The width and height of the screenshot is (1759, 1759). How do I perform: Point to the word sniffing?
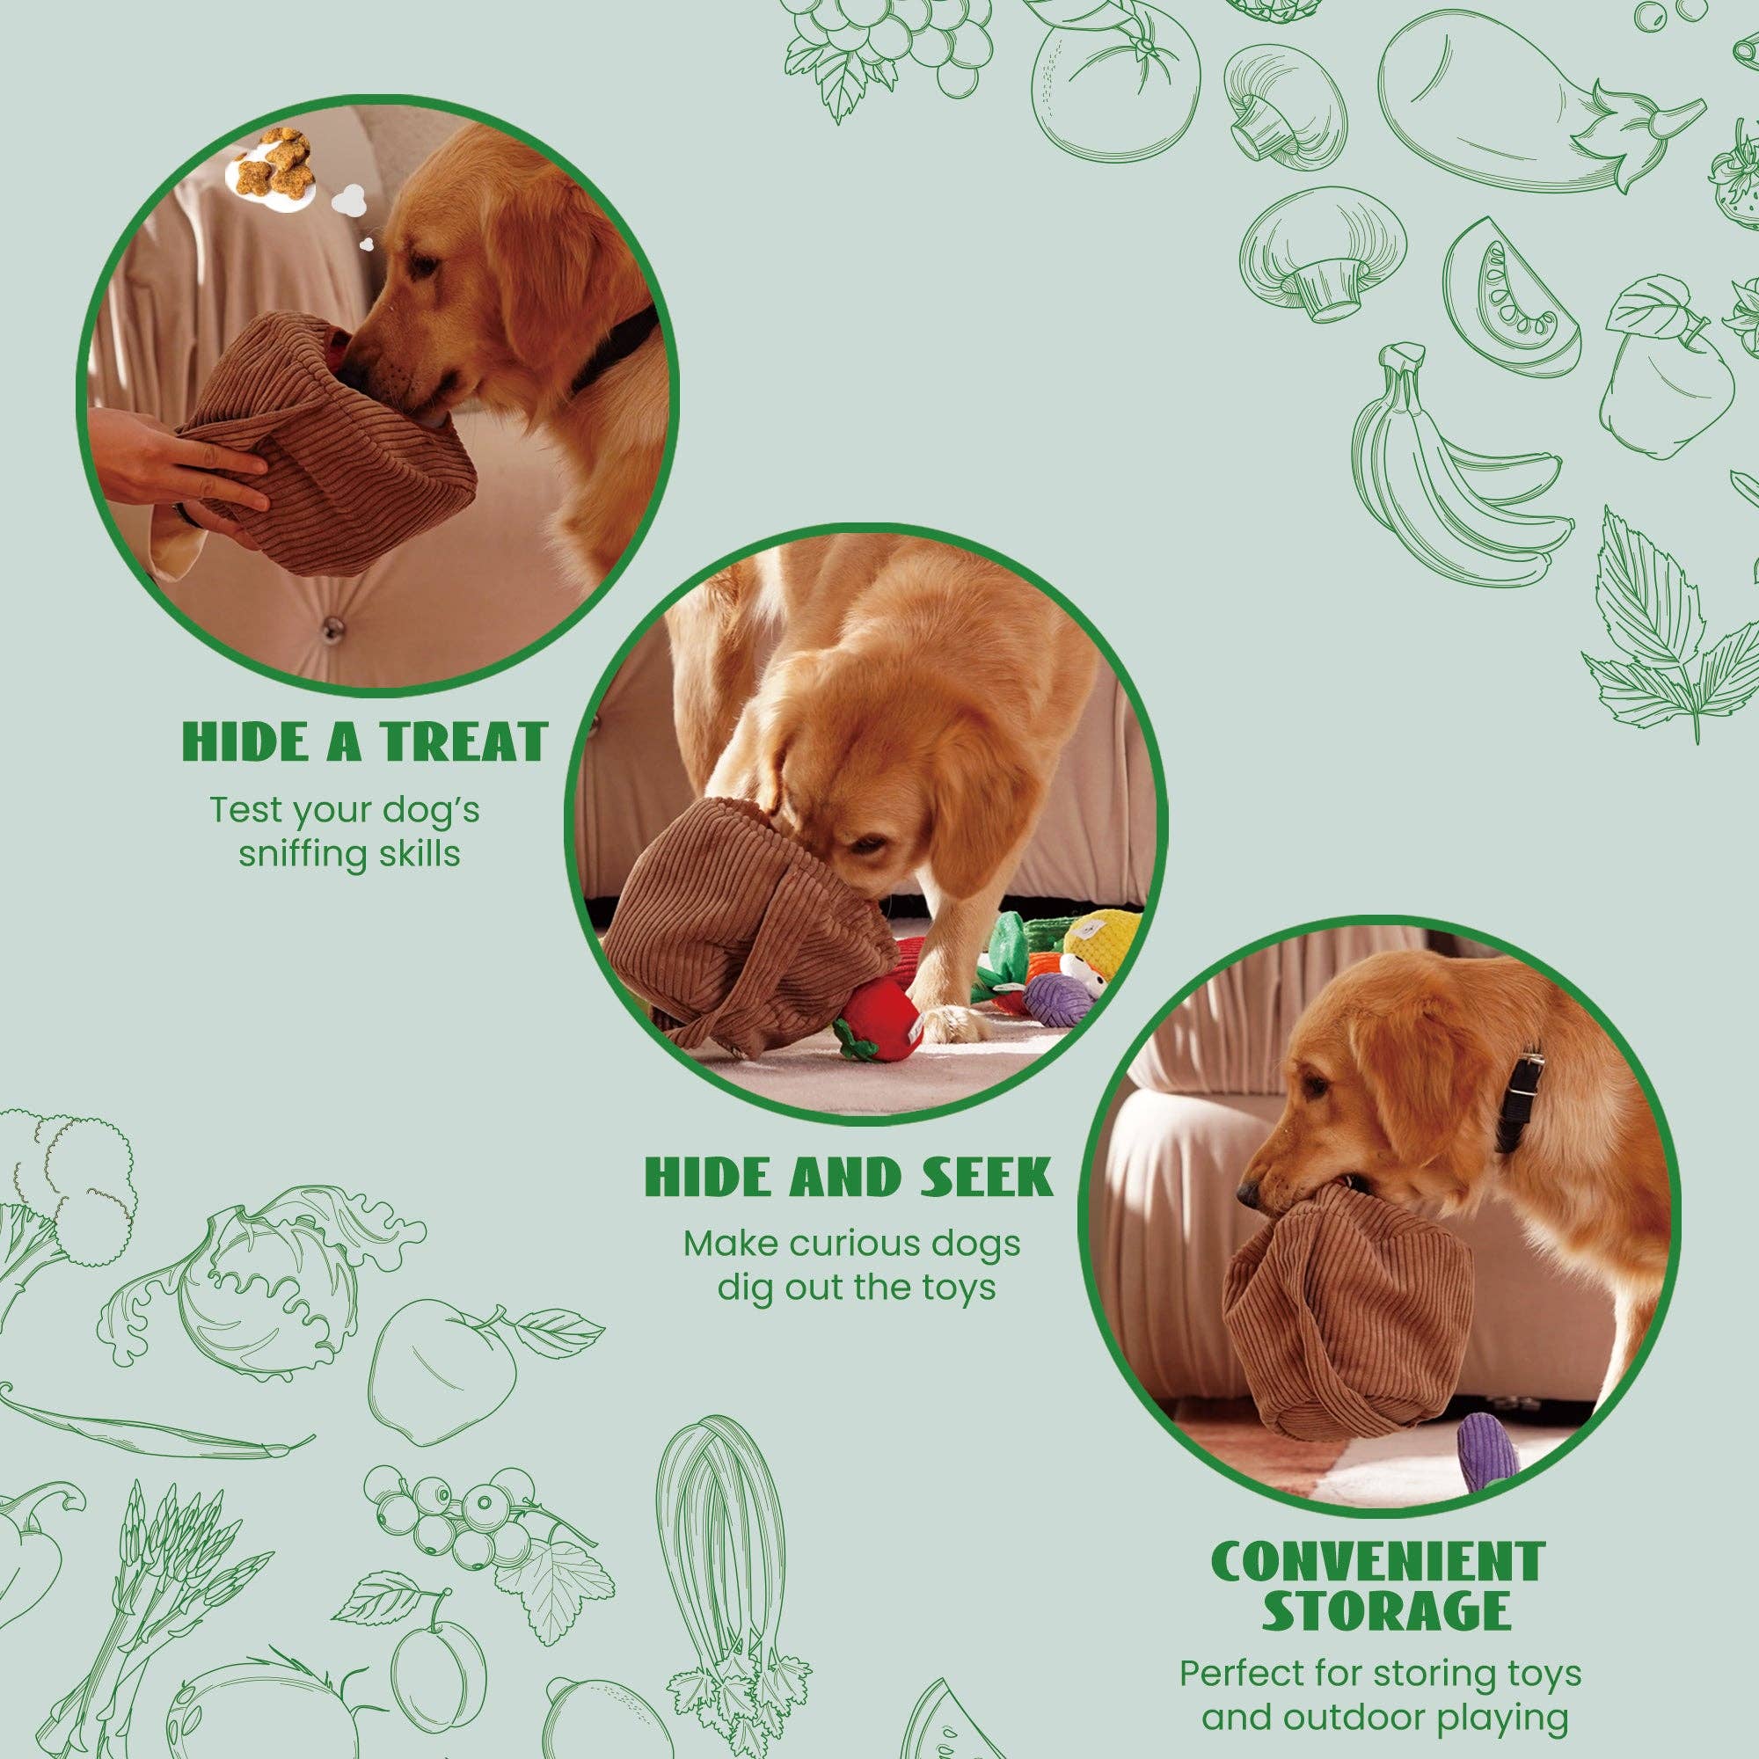click(291, 856)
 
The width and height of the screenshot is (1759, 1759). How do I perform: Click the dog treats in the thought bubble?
click(268, 161)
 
